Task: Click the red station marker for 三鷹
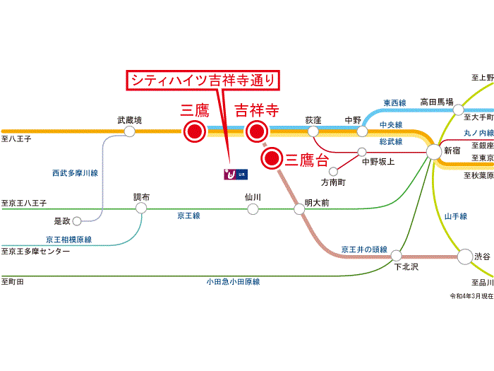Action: click(x=193, y=131)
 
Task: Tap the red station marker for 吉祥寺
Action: click(x=256, y=131)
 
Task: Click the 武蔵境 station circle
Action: click(x=129, y=131)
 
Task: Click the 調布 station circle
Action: click(x=142, y=209)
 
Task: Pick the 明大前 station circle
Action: click(x=299, y=209)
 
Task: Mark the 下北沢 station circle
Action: click(x=397, y=255)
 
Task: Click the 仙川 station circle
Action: click(x=253, y=209)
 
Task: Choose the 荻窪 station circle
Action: click(x=313, y=131)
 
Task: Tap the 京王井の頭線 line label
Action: click(x=364, y=249)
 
